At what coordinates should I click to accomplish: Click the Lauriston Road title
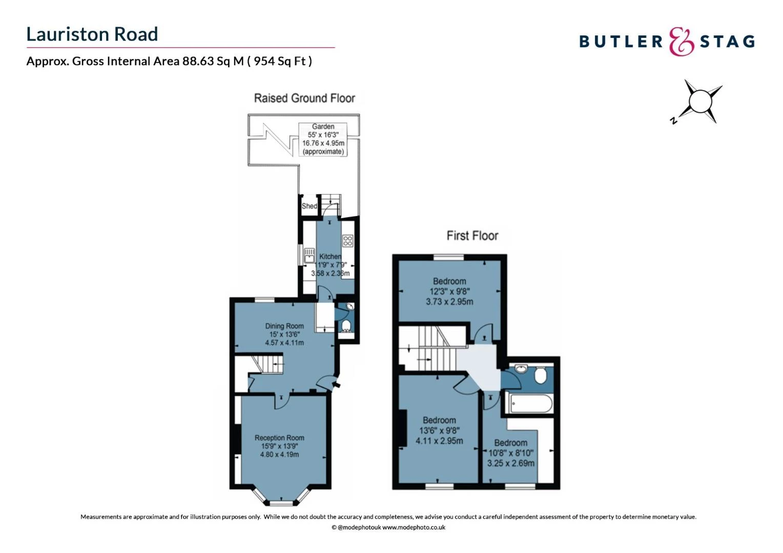[92, 34]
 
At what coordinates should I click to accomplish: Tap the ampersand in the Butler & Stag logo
[682, 41]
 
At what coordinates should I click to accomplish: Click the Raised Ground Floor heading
[304, 98]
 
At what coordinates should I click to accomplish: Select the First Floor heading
[472, 236]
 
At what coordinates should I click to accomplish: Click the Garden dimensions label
[323, 139]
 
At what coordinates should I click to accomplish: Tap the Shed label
[309, 206]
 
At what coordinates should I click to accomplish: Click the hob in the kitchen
[348, 241]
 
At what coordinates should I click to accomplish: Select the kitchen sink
[309, 255]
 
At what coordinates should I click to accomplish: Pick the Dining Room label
[284, 334]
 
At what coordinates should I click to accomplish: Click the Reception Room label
[279, 445]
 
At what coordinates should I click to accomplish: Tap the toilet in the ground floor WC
[346, 326]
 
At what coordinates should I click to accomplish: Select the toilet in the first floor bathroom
[540, 376]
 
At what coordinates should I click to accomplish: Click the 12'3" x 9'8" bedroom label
[449, 291]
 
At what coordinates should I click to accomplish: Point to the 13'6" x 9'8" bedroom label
[439, 431]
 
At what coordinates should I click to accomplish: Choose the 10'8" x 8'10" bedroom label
[510, 453]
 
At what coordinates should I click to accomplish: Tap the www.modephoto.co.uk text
[414, 527]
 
